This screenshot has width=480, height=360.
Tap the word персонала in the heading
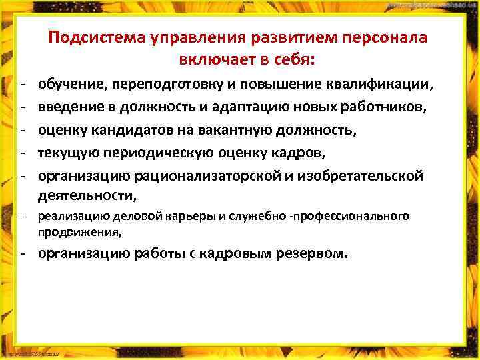(x=385, y=38)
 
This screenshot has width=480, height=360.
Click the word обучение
(x=72, y=85)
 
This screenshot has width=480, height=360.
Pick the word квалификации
(x=379, y=85)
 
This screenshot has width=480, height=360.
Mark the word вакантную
(x=257, y=131)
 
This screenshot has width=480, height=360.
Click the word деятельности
(x=87, y=195)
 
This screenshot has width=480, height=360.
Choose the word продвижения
(x=79, y=233)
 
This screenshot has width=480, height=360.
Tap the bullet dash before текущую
(x=22, y=153)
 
